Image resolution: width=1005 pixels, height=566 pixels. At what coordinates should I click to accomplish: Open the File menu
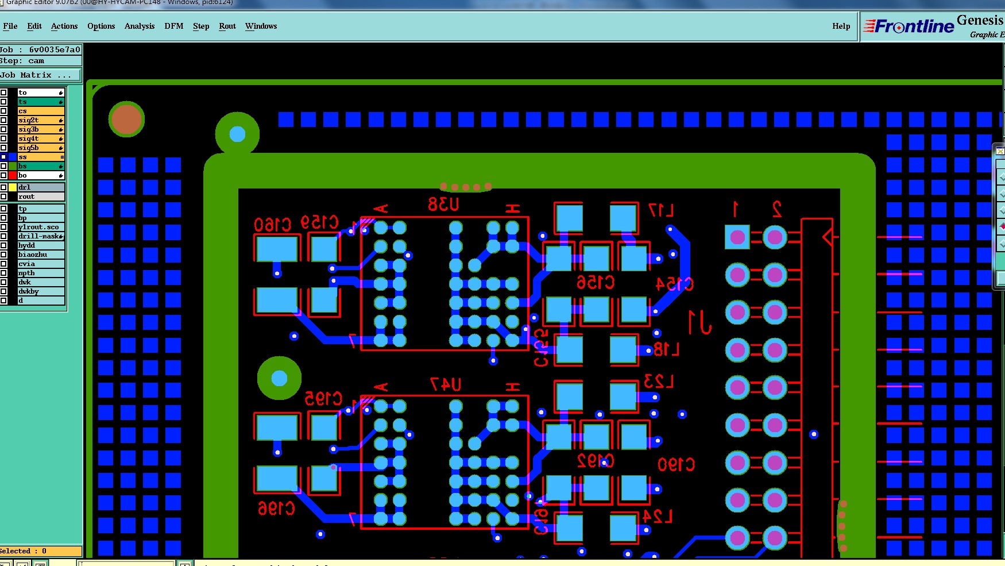10,26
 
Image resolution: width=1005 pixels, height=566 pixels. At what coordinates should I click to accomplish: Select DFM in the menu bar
174,26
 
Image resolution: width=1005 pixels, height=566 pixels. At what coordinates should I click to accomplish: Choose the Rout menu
227,26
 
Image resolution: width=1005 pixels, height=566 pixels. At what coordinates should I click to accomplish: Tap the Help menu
841,26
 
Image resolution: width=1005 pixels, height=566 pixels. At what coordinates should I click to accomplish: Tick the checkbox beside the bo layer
3,175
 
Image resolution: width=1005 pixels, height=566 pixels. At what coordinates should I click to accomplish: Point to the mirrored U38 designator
443,205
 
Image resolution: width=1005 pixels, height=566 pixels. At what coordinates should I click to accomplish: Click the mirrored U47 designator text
446,384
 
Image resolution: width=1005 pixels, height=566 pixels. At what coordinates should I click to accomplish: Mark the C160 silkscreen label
272,224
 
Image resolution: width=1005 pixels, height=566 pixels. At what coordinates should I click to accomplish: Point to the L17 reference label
660,210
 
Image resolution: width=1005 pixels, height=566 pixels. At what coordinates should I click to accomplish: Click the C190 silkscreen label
676,464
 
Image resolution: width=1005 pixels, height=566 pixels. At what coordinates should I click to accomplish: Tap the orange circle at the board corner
126,120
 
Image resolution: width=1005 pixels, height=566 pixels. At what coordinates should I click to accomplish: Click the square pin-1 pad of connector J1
737,237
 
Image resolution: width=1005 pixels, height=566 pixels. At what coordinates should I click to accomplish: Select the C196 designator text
276,509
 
